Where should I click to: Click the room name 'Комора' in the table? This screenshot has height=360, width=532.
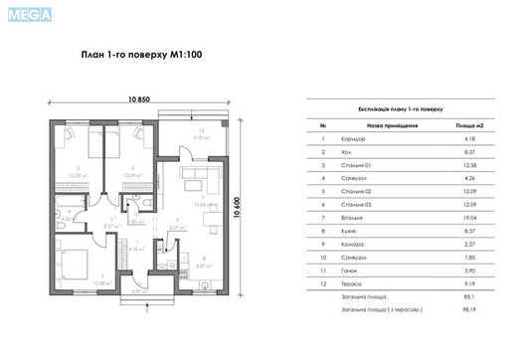coord(352,256)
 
